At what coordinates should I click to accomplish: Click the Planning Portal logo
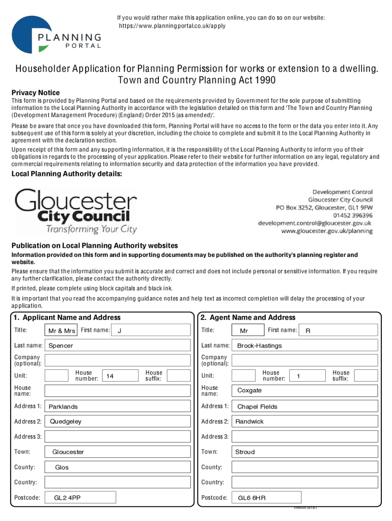(56, 35)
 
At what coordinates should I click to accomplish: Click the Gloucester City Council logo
(76, 211)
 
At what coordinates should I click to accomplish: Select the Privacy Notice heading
(36, 93)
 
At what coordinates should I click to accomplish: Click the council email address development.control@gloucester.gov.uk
(315, 223)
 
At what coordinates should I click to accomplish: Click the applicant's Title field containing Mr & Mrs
(62, 331)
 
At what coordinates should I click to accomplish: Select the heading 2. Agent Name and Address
(248, 317)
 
